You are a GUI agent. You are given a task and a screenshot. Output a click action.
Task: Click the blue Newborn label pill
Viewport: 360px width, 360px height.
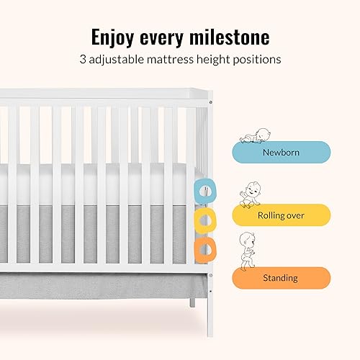(281, 152)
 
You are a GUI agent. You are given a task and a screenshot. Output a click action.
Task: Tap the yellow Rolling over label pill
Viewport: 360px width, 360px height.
(281, 215)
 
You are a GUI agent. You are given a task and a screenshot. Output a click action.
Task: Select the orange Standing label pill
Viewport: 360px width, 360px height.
(281, 277)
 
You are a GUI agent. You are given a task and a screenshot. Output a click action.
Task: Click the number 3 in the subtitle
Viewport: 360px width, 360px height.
(84, 60)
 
